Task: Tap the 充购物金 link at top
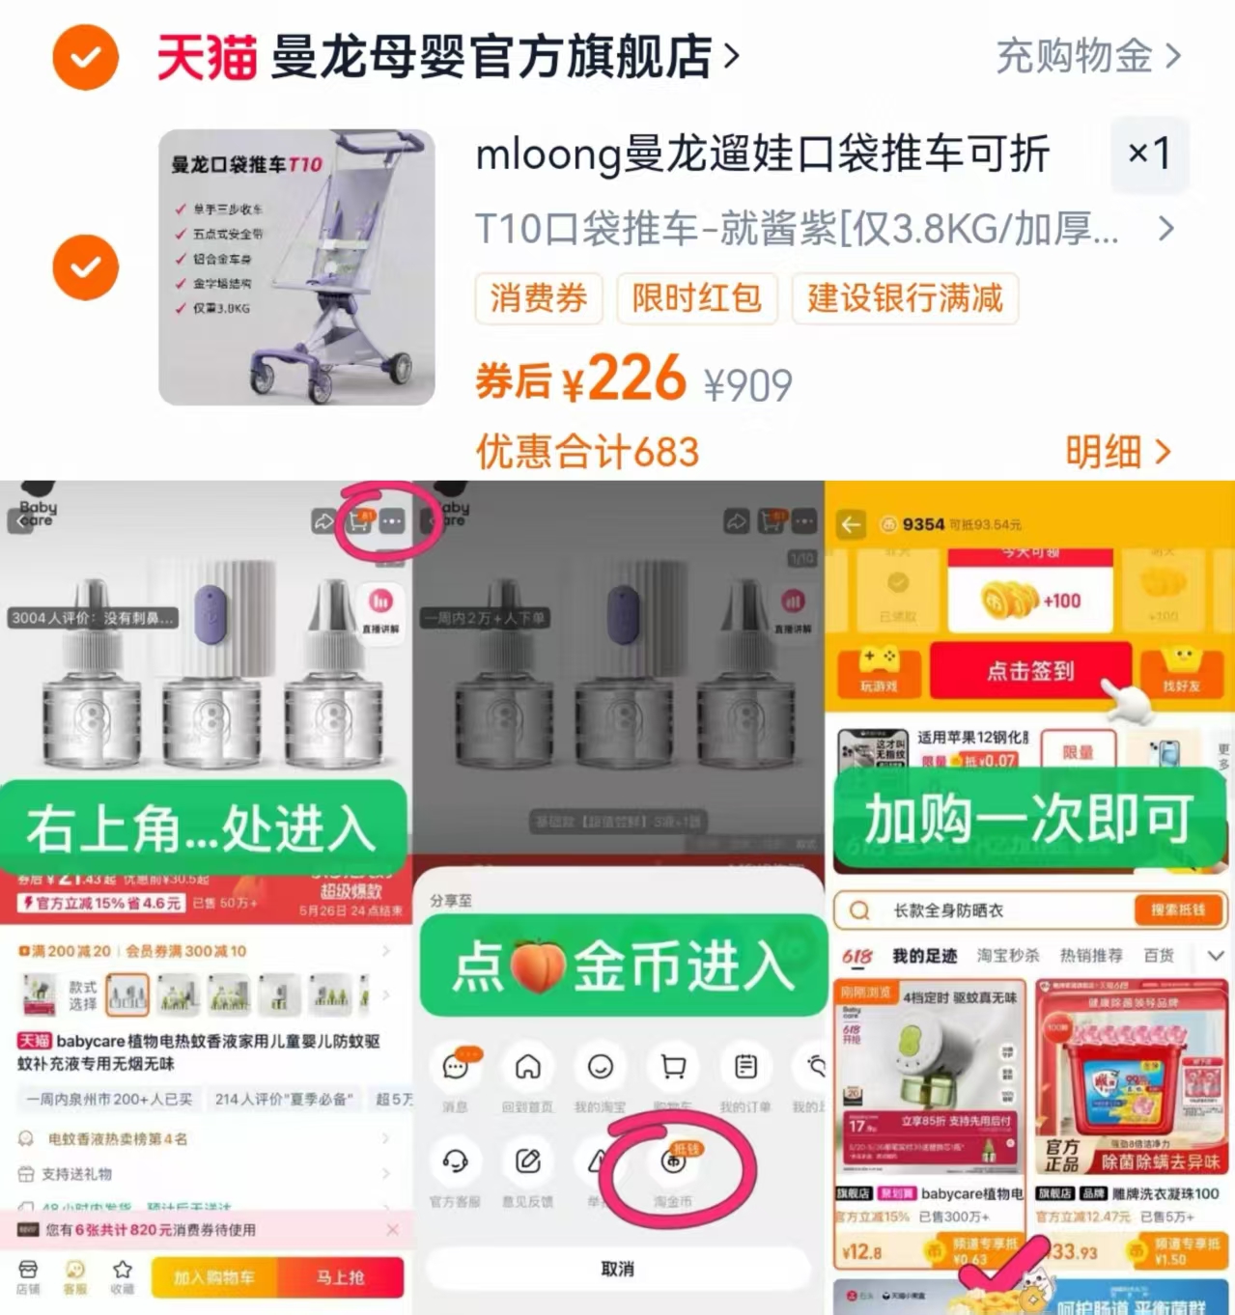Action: [x=1086, y=56]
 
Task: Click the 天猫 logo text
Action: [x=207, y=57]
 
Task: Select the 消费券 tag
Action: [x=538, y=298]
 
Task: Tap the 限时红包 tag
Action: [x=696, y=298]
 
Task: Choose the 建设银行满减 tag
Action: [x=905, y=298]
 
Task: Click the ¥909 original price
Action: [x=747, y=386]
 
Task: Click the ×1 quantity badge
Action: [x=1149, y=153]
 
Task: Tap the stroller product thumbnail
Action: [x=296, y=267]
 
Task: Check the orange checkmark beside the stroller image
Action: [x=86, y=267]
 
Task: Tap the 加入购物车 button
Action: [x=213, y=1277]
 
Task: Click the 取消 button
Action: [x=617, y=1269]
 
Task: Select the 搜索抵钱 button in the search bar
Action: [x=1177, y=909]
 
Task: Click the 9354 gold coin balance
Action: [x=923, y=524]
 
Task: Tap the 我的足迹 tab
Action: [x=924, y=956]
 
